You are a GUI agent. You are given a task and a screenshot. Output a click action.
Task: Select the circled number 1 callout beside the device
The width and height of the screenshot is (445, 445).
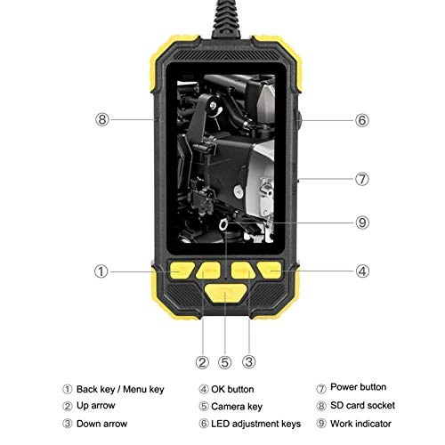point(102,271)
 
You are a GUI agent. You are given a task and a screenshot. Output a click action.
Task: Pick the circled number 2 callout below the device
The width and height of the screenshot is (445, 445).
point(202,361)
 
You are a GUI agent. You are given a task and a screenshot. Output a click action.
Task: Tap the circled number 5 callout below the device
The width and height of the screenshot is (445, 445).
point(225,361)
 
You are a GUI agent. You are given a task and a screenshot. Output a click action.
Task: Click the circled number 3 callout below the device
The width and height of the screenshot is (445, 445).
point(249,361)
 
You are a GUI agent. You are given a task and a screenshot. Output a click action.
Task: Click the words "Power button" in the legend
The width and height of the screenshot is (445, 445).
point(358,388)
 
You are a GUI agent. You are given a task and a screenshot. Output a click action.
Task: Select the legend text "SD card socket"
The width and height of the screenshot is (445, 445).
point(360,406)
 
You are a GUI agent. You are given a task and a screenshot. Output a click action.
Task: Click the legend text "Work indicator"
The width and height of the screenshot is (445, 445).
point(360,424)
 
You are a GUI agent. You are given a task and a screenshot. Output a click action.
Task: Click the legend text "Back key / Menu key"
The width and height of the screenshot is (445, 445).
point(120,389)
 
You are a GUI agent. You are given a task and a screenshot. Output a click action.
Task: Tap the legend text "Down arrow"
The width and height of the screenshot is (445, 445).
point(101,425)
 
